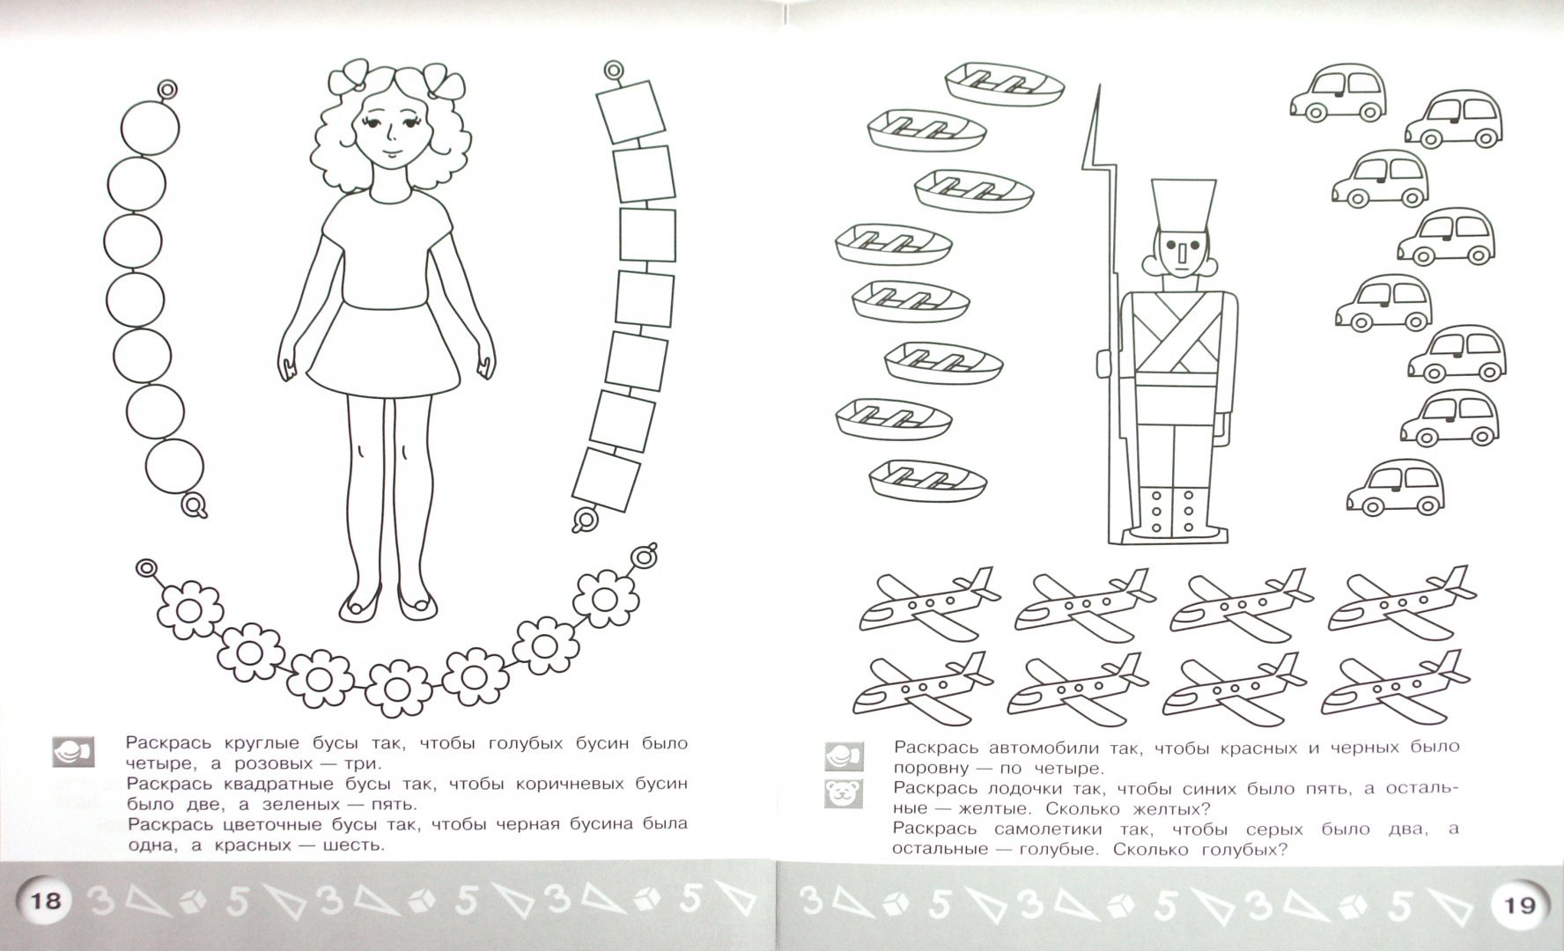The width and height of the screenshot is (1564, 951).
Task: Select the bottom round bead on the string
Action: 174,468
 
